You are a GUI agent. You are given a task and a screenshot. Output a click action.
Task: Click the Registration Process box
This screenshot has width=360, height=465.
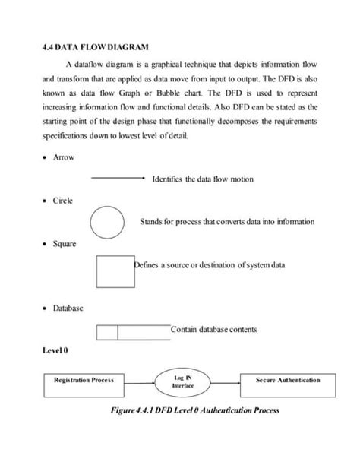pos(84,380)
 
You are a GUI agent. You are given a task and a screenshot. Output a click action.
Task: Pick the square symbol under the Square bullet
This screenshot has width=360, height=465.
pos(115,270)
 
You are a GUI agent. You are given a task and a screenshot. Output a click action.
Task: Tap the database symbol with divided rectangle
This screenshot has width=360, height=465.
pos(133,331)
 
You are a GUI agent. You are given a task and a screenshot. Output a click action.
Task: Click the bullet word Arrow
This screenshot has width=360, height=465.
pos(64,157)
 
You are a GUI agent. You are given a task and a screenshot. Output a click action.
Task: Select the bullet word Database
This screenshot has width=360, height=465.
pos(68,308)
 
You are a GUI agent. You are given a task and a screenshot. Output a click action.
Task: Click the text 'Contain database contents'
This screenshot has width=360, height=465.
pos(213,330)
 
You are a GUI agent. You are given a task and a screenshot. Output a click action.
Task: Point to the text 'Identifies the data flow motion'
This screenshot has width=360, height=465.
pos(203,179)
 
